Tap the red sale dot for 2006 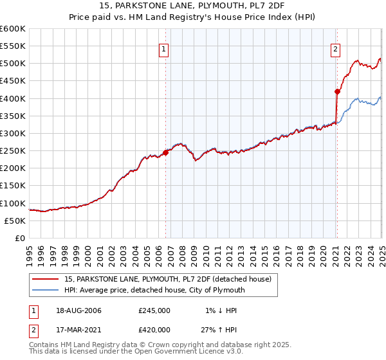(165, 152)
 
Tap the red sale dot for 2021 (336, 91)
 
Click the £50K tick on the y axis (15, 221)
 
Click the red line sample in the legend (45, 279)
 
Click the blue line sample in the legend (45, 290)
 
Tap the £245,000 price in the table (154, 310)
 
